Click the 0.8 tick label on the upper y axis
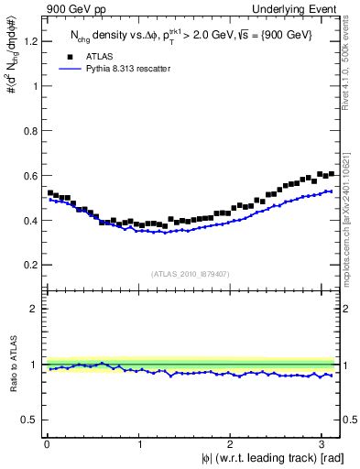(30, 131)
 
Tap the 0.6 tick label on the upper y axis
(30, 176)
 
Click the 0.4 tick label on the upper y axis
(30, 221)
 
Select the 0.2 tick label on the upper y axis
(30, 266)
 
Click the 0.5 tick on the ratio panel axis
(30, 420)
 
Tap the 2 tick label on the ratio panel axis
(35, 309)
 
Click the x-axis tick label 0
(47, 445)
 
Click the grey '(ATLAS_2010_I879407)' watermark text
(191, 273)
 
